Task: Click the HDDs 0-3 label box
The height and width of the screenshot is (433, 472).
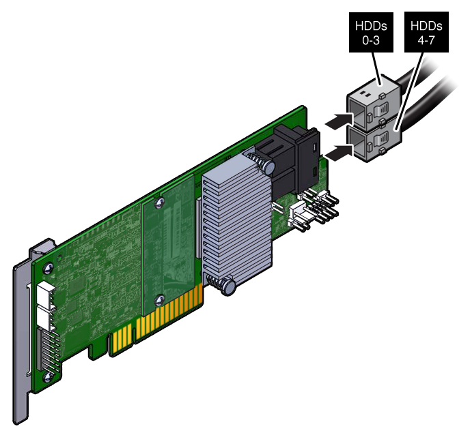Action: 371,32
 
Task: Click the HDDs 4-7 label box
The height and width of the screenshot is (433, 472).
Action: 426,32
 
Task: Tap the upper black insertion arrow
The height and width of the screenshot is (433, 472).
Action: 339,121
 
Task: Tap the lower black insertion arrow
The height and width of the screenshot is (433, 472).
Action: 339,153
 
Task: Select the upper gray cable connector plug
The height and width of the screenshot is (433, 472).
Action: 374,103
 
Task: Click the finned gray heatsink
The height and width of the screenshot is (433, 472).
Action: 237,216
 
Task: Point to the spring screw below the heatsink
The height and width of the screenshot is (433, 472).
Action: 223,285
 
